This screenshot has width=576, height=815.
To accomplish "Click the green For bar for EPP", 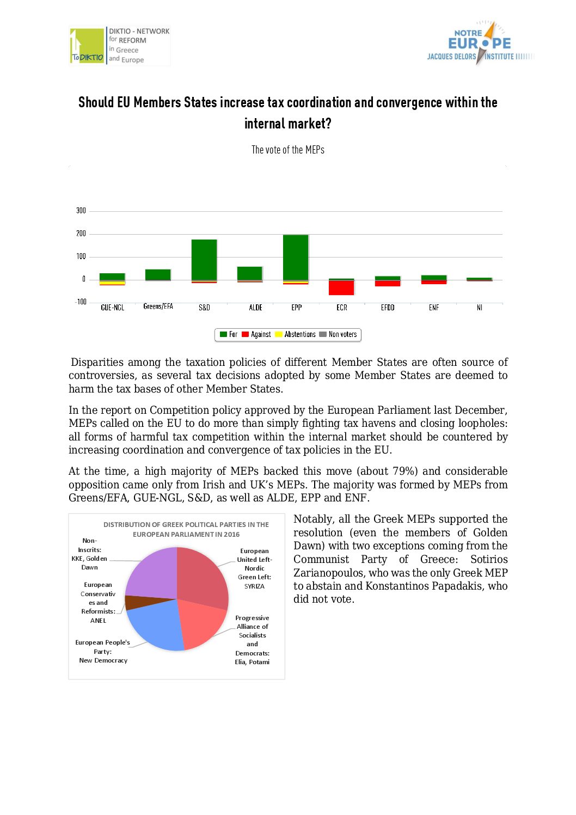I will pos(296,257).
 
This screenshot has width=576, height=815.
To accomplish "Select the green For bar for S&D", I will pos(204,259).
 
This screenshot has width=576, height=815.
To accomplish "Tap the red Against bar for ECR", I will pos(341,287).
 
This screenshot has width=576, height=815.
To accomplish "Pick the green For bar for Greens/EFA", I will pos(158,274).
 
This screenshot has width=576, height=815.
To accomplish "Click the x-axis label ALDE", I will pos(255,308).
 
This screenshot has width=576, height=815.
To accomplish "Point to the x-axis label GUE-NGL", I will pos(113,308).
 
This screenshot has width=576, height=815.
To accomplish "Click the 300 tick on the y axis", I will pos(81,211).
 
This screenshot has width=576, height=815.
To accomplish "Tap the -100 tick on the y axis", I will pos(81,302).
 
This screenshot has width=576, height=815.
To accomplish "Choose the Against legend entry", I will pos(256,334).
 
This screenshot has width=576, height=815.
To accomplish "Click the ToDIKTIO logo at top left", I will pos(87,46).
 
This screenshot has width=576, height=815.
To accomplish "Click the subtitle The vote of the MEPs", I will pos(287,150).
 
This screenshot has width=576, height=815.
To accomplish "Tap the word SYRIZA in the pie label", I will pos(254,586).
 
